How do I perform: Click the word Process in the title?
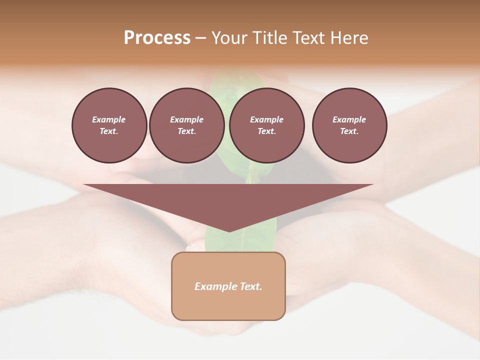point(157,38)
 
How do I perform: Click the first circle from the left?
point(109,125)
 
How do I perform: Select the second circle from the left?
point(186,125)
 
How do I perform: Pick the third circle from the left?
point(266,125)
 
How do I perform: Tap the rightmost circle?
point(349,125)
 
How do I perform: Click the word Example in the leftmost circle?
point(109,119)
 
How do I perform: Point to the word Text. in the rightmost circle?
point(349,131)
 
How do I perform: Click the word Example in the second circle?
point(186,119)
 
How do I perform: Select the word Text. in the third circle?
point(266,131)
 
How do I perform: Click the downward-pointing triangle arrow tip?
point(228,230)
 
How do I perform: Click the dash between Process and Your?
point(200,38)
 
